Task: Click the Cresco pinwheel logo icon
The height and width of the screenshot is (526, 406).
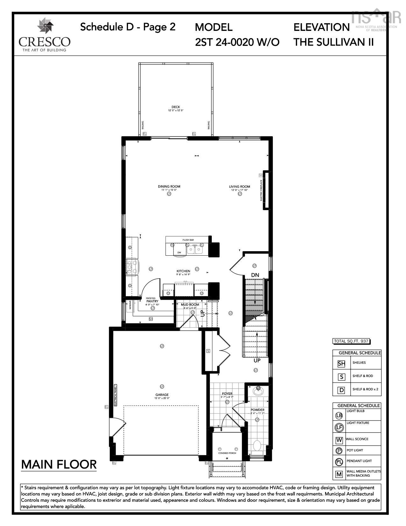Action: click(x=44, y=26)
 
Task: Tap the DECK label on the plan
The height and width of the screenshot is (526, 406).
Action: click(x=176, y=107)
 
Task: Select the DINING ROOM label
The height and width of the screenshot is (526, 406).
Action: click(x=169, y=186)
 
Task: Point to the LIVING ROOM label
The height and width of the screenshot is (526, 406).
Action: click(x=239, y=186)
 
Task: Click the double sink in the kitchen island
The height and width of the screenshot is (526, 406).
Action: click(x=195, y=249)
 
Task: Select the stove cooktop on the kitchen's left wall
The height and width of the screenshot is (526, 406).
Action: click(x=132, y=267)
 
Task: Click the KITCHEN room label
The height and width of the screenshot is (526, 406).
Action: click(x=183, y=271)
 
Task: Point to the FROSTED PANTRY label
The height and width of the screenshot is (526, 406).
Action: click(x=152, y=300)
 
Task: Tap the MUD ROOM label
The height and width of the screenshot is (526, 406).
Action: click(x=190, y=304)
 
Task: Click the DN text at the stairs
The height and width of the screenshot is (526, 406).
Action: click(x=255, y=275)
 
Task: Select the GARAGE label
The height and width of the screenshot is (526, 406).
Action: click(x=162, y=395)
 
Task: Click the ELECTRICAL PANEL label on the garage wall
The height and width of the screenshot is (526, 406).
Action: click(x=116, y=395)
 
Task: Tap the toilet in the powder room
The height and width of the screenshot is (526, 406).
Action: click(x=257, y=445)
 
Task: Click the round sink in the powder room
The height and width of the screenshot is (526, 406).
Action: click(x=258, y=390)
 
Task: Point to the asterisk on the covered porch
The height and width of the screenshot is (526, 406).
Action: click(x=227, y=458)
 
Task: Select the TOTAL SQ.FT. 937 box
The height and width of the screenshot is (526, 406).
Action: click(x=351, y=341)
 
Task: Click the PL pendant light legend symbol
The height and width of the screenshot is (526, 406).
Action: click(x=339, y=462)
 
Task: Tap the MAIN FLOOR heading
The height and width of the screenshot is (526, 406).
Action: click(x=59, y=464)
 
